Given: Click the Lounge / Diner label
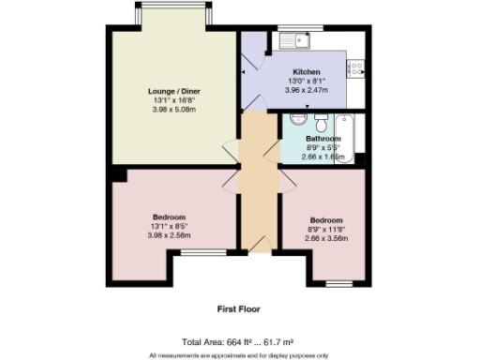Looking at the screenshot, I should click(x=174, y=91).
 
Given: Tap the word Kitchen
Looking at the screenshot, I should click(x=307, y=72).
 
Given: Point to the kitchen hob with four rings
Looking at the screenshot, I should click(x=357, y=67).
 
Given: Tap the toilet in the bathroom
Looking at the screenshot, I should click(x=319, y=122).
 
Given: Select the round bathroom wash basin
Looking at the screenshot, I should click(x=296, y=120).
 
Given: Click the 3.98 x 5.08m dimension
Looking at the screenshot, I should click(x=174, y=110).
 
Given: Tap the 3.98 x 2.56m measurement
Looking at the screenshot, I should click(x=169, y=235).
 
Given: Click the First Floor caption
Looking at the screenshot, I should click(x=238, y=308).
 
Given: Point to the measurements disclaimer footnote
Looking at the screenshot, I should click(x=239, y=355).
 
